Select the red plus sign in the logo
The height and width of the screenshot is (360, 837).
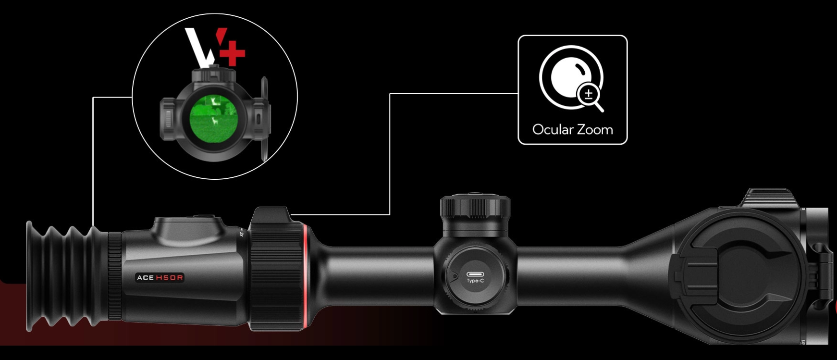[x=233, y=53]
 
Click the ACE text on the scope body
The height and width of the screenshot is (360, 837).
[x=145, y=278]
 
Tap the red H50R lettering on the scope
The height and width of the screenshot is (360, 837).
[x=170, y=278]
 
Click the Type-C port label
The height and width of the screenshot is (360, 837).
[x=475, y=281]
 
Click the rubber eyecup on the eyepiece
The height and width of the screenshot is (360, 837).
[x=67, y=276]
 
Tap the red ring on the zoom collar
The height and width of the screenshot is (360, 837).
[x=306, y=277]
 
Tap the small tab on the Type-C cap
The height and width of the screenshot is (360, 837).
[x=454, y=276]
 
